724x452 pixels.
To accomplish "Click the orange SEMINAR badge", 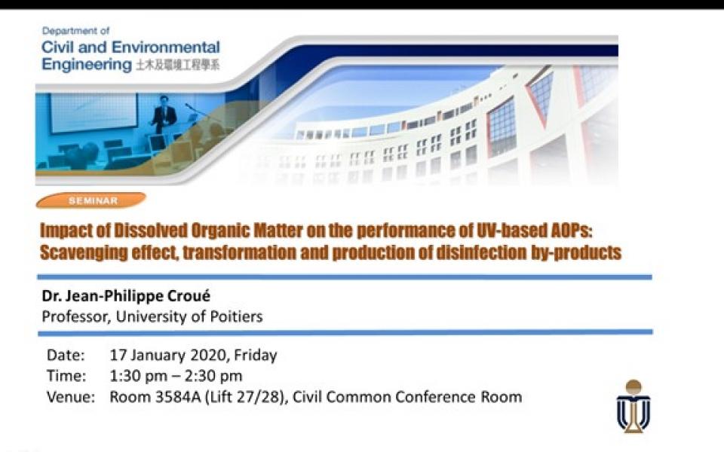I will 90,200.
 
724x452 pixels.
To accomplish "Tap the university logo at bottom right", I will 633,406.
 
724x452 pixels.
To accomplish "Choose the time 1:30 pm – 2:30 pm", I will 176,376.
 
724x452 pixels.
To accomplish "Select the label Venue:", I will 71,397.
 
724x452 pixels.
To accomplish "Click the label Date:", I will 66,355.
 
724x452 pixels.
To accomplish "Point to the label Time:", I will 66,376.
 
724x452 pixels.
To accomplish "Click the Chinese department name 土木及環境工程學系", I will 178,66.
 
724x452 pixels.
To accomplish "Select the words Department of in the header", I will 75,31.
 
